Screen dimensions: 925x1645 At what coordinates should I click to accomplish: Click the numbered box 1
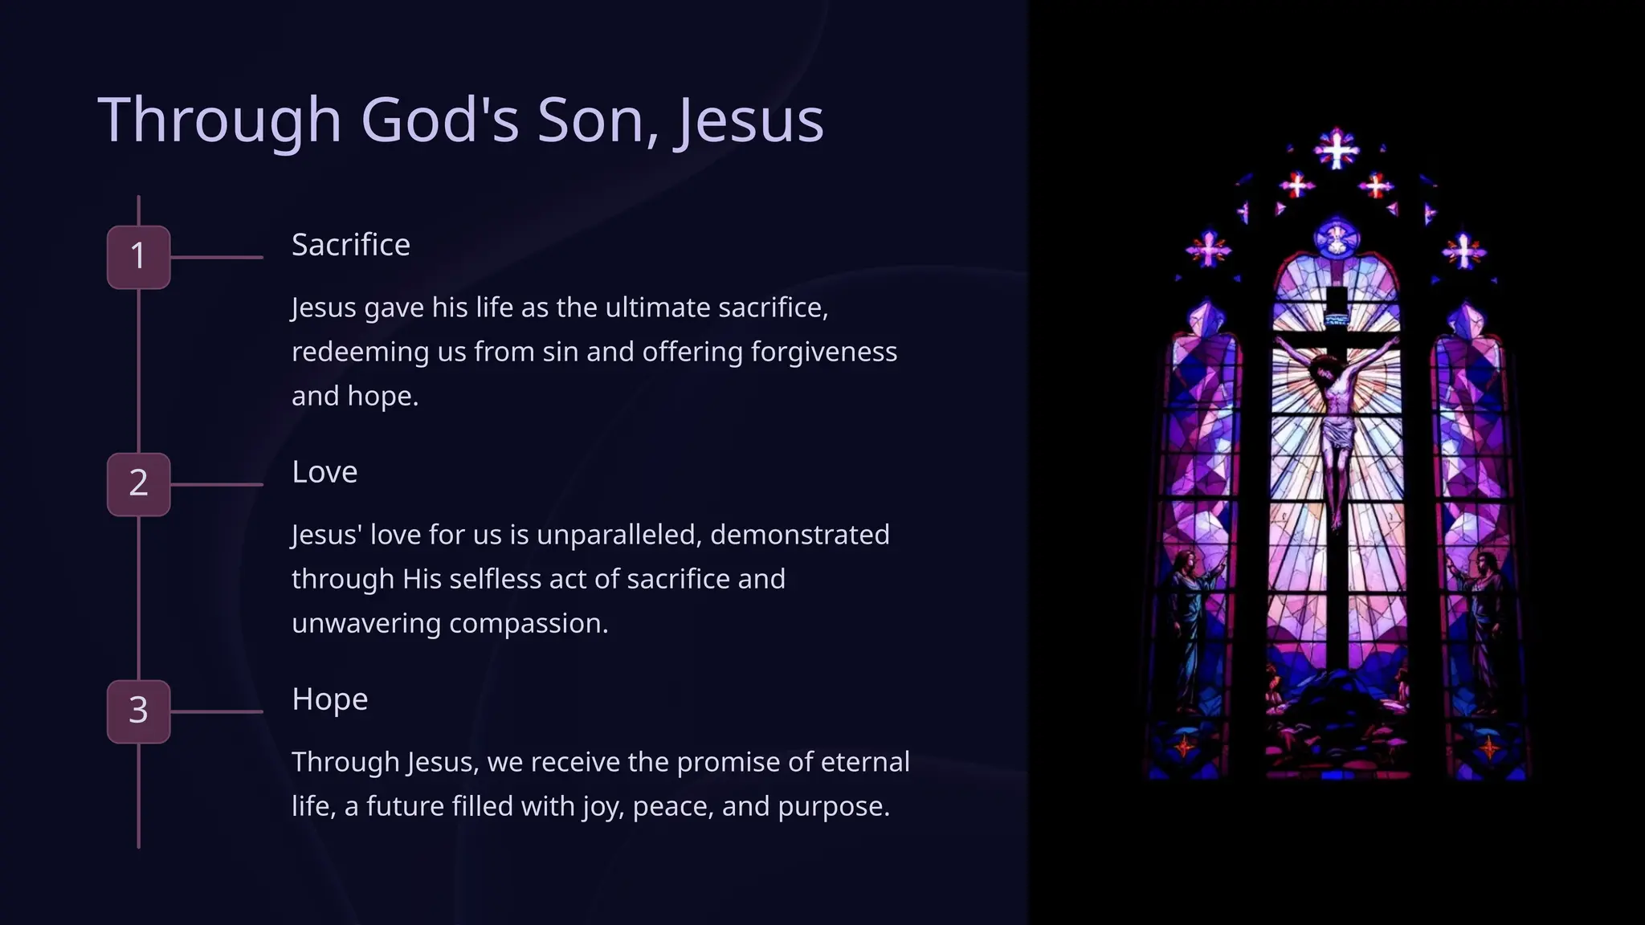click(x=138, y=257)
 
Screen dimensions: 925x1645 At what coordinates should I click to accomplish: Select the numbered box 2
click(x=138, y=484)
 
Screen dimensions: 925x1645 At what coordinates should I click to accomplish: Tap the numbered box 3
click(x=138, y=711)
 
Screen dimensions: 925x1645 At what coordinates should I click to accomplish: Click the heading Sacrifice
click(x=350, y=245)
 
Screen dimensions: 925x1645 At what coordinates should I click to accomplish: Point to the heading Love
click(x=325, y=472)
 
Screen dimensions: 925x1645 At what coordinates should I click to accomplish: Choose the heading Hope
click(x=329, y=699)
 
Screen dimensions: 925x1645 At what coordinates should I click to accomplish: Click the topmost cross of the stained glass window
click(x=1336, y=149)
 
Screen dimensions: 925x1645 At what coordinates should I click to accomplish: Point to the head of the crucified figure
click(x=1325, y=371)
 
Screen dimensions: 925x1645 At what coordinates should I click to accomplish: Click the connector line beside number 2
click(x=217, y=484)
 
